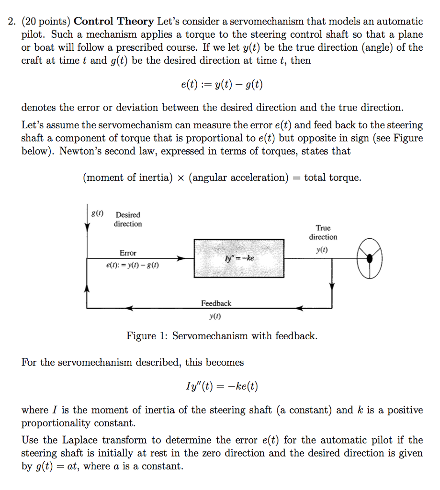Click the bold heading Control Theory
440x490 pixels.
click(x=114, y=22)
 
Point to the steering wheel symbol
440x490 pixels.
click(x=370, y=258)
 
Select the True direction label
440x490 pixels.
click(x=323, y=233)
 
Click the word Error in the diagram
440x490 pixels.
click(x=128, y=253)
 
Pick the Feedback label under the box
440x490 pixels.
click(x=216, y=303)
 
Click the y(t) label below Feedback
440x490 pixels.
click(x=215, y=316)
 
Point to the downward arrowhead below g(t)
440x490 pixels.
click(x=87, y=228)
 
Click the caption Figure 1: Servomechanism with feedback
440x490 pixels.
click(x=222, y=336)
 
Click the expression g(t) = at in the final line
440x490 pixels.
click(x=56, y=466)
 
